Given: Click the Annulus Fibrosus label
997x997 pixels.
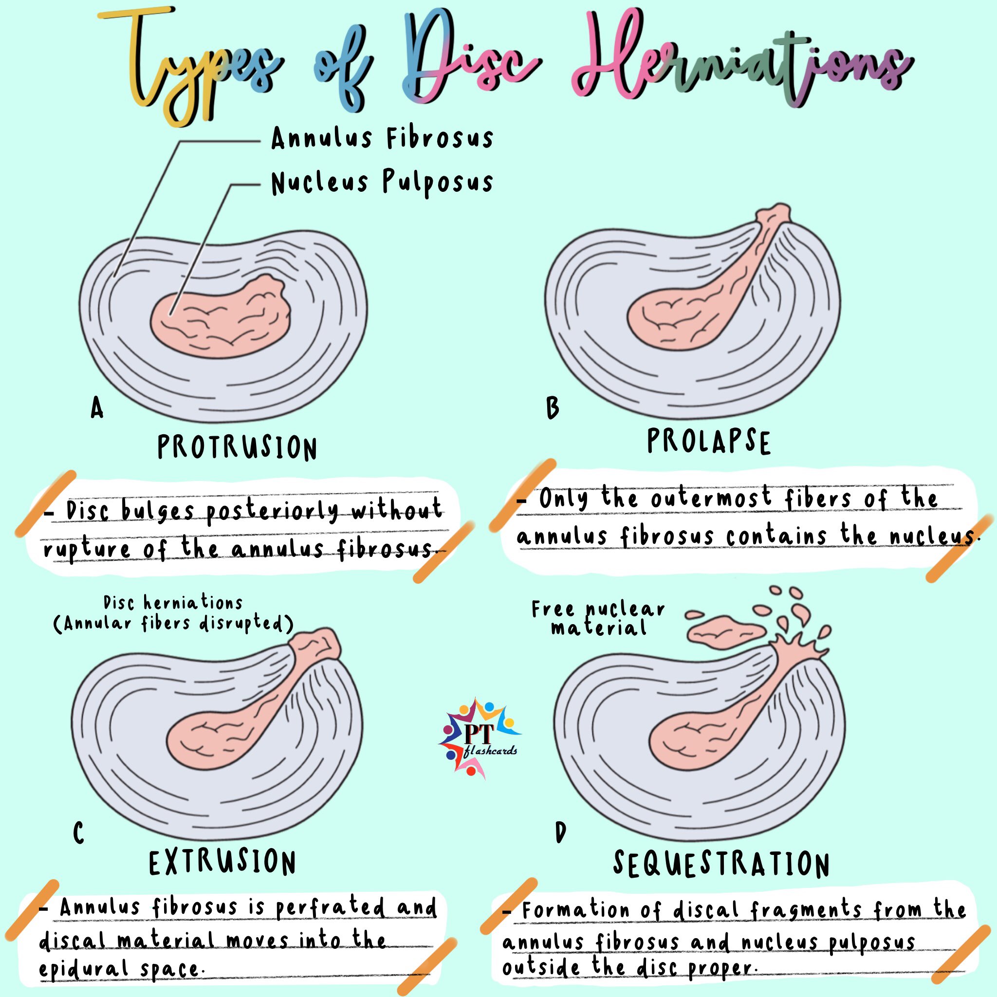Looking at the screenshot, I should [382, 138].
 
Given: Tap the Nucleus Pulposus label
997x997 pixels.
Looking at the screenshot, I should [382, 183].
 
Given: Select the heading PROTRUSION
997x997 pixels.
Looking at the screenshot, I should [237, 447].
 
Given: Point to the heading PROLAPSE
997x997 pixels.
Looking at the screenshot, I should [708, 442].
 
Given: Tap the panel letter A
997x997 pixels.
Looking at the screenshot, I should [96, 408].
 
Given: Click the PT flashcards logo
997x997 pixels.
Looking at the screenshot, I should [479, 738].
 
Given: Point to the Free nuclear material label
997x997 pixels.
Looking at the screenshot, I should [599, 619].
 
